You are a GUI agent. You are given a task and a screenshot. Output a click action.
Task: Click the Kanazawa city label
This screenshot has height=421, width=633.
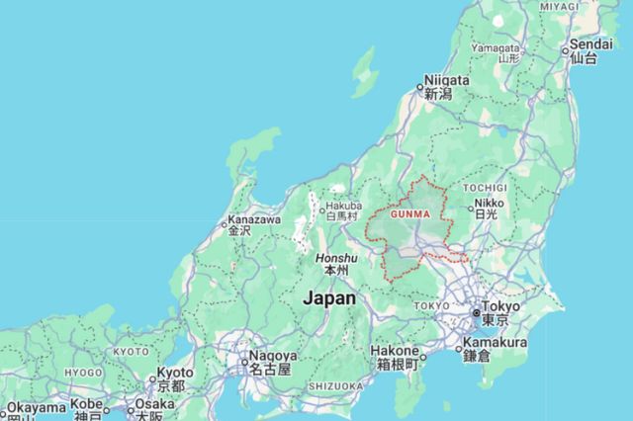click(254, 219)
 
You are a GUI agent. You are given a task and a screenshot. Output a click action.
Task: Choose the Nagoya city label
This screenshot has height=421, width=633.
click(271, 356)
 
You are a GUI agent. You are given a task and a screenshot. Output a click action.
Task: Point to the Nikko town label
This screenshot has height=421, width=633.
click(488, 204)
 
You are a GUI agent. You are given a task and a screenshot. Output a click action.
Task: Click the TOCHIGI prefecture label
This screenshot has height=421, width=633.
click(485, 187)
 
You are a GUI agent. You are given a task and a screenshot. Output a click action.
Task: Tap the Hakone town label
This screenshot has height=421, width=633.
click(396, 351)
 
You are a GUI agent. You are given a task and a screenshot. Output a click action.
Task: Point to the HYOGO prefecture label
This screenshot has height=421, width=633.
click(83, 373)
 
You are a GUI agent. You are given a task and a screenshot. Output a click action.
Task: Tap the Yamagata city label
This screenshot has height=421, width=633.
click(495, 47)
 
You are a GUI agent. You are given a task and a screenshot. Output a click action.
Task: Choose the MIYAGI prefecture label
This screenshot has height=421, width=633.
click(559, 6)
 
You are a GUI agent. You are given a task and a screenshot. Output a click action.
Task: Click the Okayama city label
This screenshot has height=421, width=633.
click(35, 406)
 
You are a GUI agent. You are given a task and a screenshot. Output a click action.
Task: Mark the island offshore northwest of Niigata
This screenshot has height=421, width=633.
click(364, 71)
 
